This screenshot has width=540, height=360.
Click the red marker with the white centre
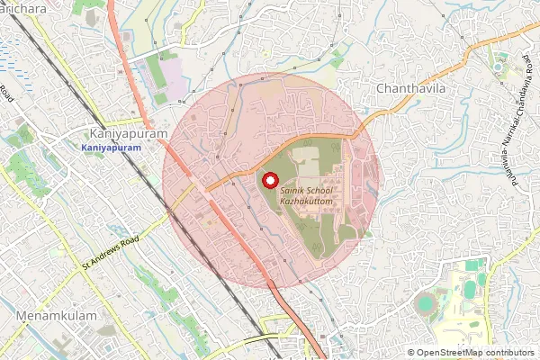269,181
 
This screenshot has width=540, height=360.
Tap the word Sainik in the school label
294,192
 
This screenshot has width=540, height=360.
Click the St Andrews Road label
112,253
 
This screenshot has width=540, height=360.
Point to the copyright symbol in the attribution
411,353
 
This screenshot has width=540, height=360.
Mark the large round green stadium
424,305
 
